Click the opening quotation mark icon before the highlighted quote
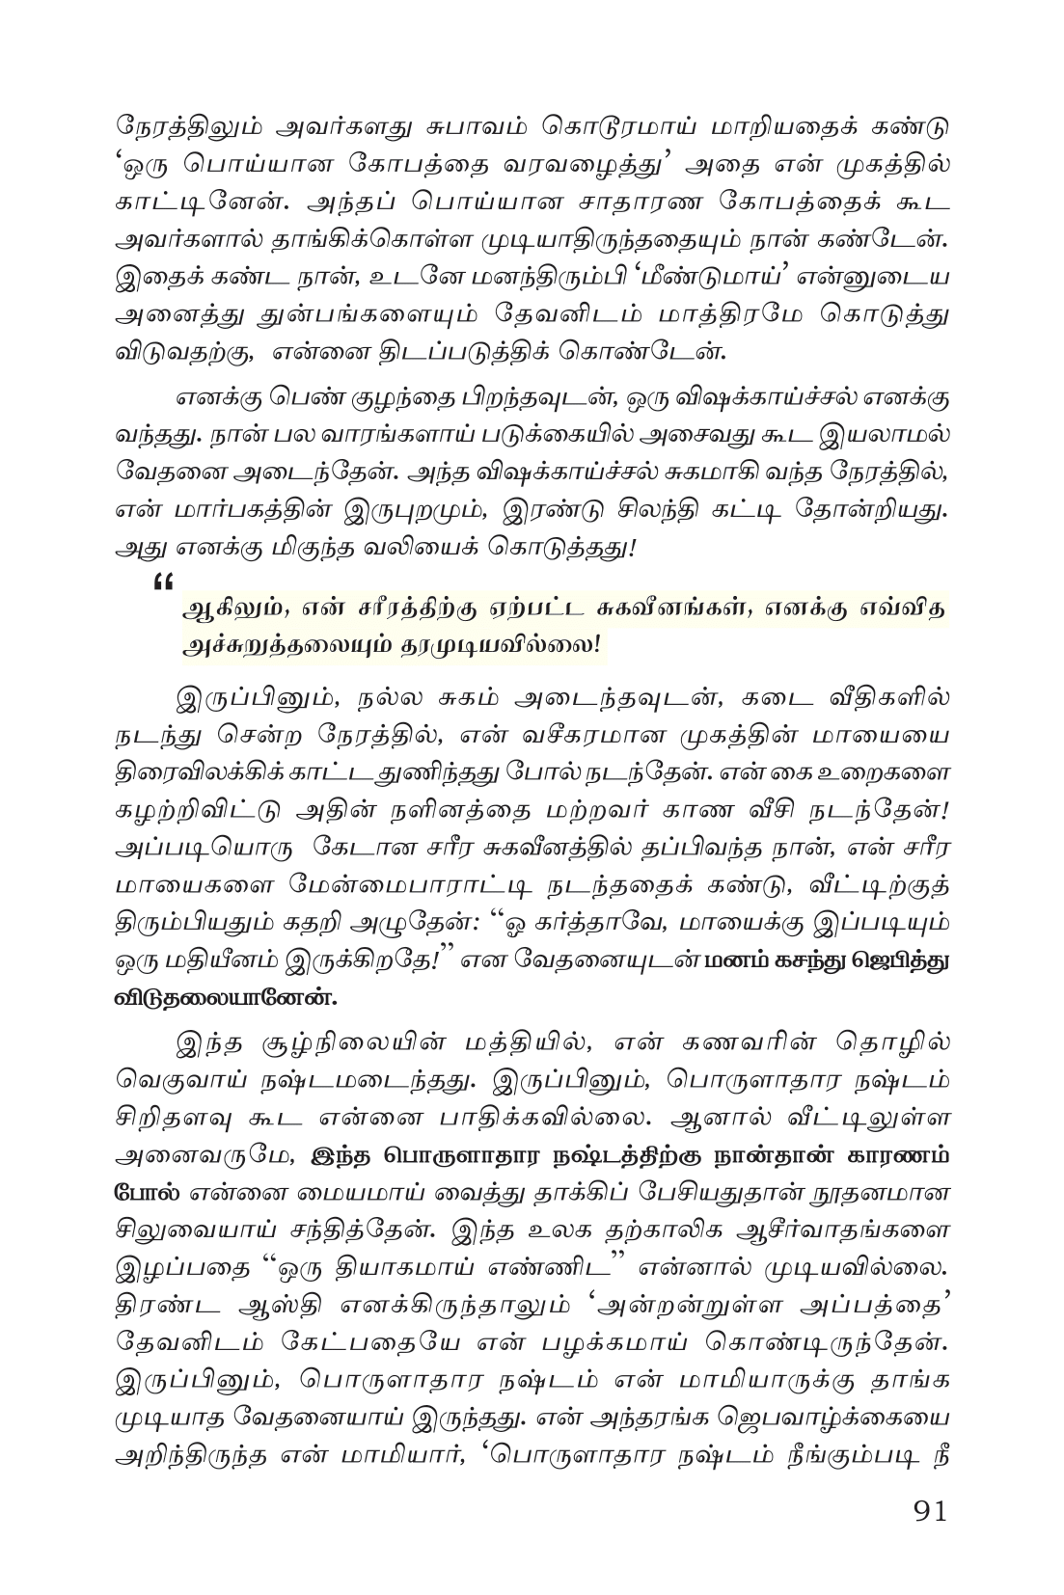pos(161,581)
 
